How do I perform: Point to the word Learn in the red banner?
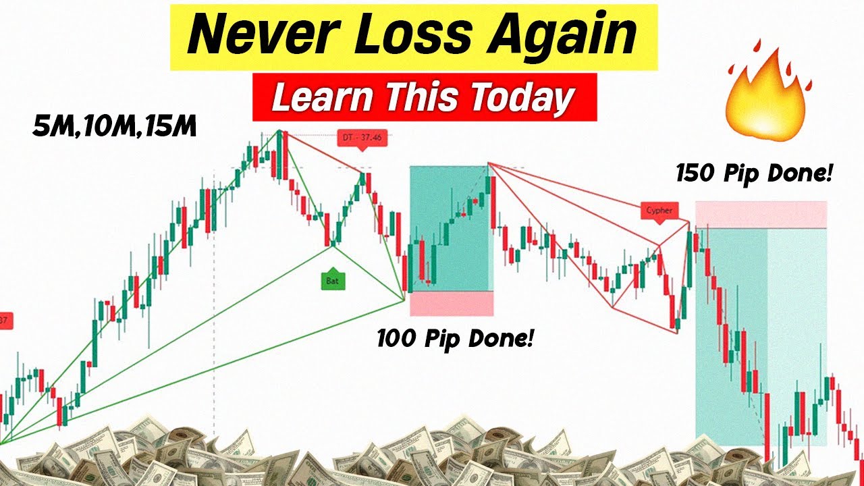point(321,99)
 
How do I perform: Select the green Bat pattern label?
point(332,280)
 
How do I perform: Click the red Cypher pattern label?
point(659,210)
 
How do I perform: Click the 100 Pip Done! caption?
point(454,337)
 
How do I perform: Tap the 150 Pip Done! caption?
point(754,173)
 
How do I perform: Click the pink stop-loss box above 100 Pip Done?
point(452,303)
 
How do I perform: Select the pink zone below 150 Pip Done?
point(761,215)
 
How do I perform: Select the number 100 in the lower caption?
point(398,337)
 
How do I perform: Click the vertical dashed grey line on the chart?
point(214,304)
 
